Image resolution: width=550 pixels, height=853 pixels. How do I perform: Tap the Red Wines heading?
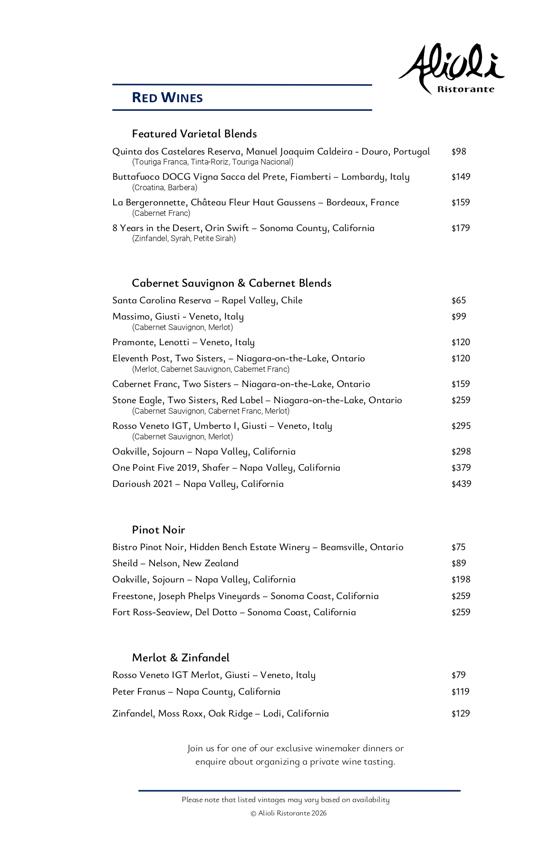pos(167,98)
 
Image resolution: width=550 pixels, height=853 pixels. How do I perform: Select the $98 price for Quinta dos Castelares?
pos(459,152)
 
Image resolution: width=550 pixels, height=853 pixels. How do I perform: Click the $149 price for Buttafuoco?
pos(461,177)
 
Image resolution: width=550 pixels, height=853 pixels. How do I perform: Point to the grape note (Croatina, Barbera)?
pos(164,188)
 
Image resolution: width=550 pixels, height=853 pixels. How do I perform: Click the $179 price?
pos(461,228)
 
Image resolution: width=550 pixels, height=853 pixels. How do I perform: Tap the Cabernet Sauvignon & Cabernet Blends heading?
pos(232,283)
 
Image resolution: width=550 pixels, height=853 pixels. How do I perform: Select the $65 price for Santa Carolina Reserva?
pos(459,300)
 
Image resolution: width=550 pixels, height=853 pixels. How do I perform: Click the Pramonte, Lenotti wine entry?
pos(183,342)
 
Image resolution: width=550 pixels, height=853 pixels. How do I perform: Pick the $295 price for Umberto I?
pos(461,426)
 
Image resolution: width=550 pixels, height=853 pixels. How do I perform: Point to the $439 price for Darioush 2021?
pos(461,484)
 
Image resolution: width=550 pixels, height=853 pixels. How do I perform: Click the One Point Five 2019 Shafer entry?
pos(226,468)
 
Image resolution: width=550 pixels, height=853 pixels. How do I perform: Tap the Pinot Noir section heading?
pos(158,530)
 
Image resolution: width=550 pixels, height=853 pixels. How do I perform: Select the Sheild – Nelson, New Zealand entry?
pos(175,563)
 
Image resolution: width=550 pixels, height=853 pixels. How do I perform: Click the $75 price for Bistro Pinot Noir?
pos(458,547)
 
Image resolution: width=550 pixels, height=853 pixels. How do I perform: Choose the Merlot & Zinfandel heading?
pos(181,658)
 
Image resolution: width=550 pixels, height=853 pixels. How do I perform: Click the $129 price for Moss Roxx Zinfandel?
pos(461,714)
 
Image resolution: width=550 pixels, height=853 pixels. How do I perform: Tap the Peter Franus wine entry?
pos(196,692)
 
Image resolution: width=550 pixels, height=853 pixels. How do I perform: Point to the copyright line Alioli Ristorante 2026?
pos(289,814)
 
